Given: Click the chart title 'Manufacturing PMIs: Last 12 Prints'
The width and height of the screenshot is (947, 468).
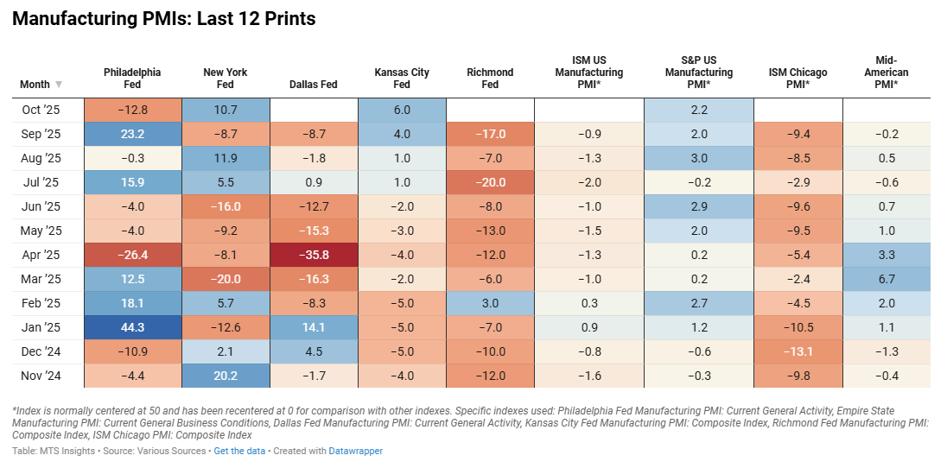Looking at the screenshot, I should click(163, 19).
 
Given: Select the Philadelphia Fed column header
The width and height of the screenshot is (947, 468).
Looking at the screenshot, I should click(132, 79).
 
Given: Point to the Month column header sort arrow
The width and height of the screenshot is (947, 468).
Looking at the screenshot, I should click(59, 85).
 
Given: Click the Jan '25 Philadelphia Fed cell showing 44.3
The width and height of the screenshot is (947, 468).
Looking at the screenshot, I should click(132, 327).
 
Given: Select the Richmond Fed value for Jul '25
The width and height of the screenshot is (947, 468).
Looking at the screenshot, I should click(489, 182).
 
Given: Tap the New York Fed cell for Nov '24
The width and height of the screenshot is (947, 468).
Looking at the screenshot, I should click(225, 376).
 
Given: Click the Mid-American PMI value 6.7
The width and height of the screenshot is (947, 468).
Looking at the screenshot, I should click(887, 279).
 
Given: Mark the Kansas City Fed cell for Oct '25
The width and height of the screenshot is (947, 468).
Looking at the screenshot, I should click(402, 110).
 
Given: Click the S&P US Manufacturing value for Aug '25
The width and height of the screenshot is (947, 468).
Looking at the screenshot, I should click(699, 158).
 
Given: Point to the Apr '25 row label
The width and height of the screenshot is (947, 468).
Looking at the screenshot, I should click(41, 255).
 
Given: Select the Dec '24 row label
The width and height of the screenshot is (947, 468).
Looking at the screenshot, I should click(41, 351).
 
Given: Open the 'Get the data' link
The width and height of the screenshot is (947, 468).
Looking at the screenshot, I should click(238, 451).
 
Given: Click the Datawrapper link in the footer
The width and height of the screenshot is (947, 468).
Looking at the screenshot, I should click(355, 451).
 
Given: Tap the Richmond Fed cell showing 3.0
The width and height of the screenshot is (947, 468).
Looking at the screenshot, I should click(489, 303).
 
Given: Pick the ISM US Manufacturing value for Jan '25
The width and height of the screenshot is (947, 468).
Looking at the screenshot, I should click(588, 327).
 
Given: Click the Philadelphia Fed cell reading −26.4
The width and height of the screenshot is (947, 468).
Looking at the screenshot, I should click(132, 255).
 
